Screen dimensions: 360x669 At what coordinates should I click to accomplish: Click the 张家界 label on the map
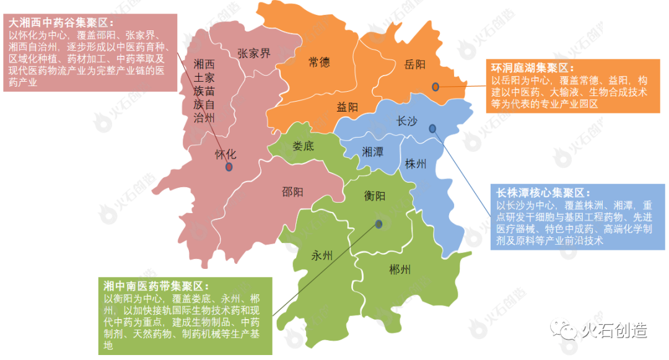click(x=254, y=53)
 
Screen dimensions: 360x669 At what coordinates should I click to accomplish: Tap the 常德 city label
click(x=319, y=62)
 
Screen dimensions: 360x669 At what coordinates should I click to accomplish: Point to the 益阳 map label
click(x=348, y=107)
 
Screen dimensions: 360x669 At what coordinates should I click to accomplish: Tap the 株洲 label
click(x=416, y=164)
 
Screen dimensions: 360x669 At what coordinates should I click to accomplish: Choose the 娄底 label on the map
click(x=304, y=147)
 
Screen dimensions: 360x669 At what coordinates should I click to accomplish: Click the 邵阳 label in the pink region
click(x=293, y=191)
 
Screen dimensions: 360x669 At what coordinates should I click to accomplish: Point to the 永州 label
click(x=322, y=255)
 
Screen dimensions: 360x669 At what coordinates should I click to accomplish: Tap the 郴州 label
click(x=400, y=270)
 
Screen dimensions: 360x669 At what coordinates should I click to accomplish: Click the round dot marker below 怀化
click(x=229, y=167)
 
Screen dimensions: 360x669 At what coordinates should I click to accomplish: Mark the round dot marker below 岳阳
click(x=435, y=87)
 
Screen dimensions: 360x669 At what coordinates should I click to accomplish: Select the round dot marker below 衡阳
click(x=378, y=224)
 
